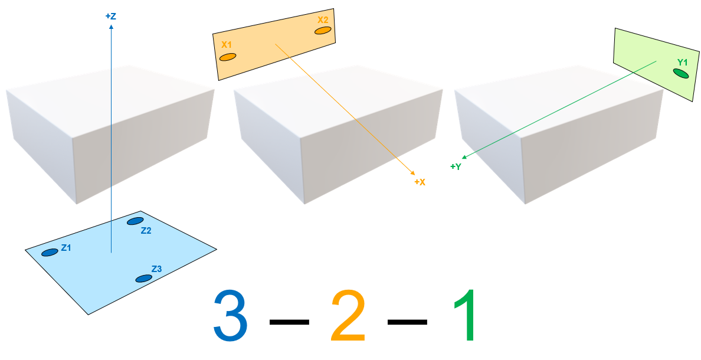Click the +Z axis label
pyautogui.click(x=110, y=17)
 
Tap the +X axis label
pyautogui.click(x=420, y=182)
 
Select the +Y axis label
pyautogui.click(x=456, y=167)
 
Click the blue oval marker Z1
pyautogui.click(x=50, y=253)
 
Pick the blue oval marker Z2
pyautogui.click(x=135, y=221)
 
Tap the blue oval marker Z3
pyautogui.click(x=143, y=279)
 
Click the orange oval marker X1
pyautogui.click(x=228, y=57)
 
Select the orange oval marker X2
pyautogui.click(x=323, y=30)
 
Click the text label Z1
pyautogui.click(x=66, y=248)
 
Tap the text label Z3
pyautogui.click(x=156, y=269)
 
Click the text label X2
pyautogui.click(x=323, y=19)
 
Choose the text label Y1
pyautogui.click(x=683, y=62)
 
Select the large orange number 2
pyautogui.click(x=348, y=316)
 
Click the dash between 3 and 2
pyautogui.click(x=289, y=322)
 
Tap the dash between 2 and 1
pyautogui.click(x=407, y=322)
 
